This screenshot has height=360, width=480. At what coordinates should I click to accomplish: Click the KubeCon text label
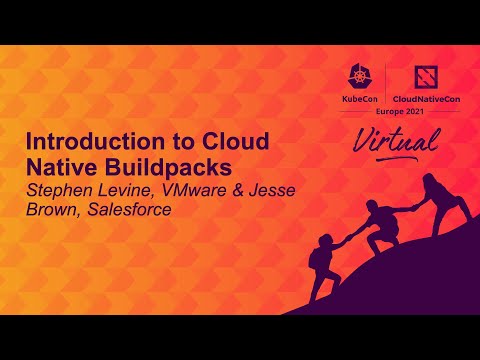click(359, 102)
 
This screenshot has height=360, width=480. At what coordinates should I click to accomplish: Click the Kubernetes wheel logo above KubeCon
click(359, 78)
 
